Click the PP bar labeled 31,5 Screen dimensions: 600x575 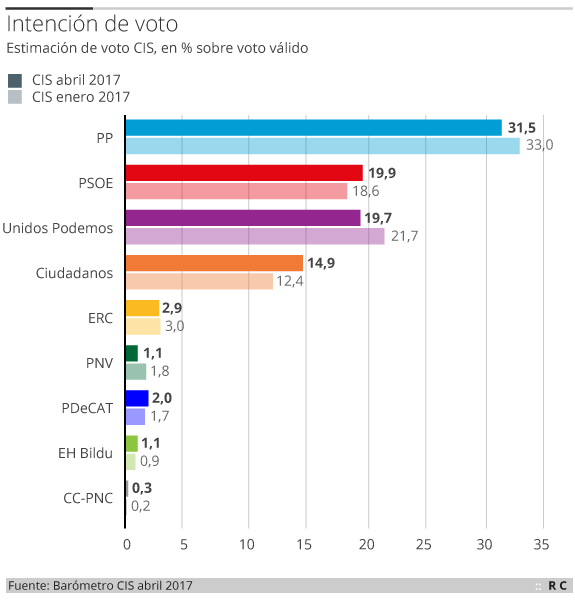(314, 127)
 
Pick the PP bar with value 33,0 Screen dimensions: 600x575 (323, 146)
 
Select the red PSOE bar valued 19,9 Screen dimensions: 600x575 (244, 172)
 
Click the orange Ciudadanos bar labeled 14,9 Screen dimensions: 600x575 (214, 263)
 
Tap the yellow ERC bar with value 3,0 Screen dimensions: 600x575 (143, 326)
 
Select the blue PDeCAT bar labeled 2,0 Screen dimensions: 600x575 (137, 398)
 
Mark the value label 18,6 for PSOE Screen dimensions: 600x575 (365, 191)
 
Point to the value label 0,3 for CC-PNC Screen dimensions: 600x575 (141, 488)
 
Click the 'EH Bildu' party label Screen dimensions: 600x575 (85, 452)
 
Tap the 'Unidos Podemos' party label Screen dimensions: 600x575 (58, 227)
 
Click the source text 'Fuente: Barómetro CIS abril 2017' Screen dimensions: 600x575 (100, 585)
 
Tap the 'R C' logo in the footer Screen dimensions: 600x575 (557, 585)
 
